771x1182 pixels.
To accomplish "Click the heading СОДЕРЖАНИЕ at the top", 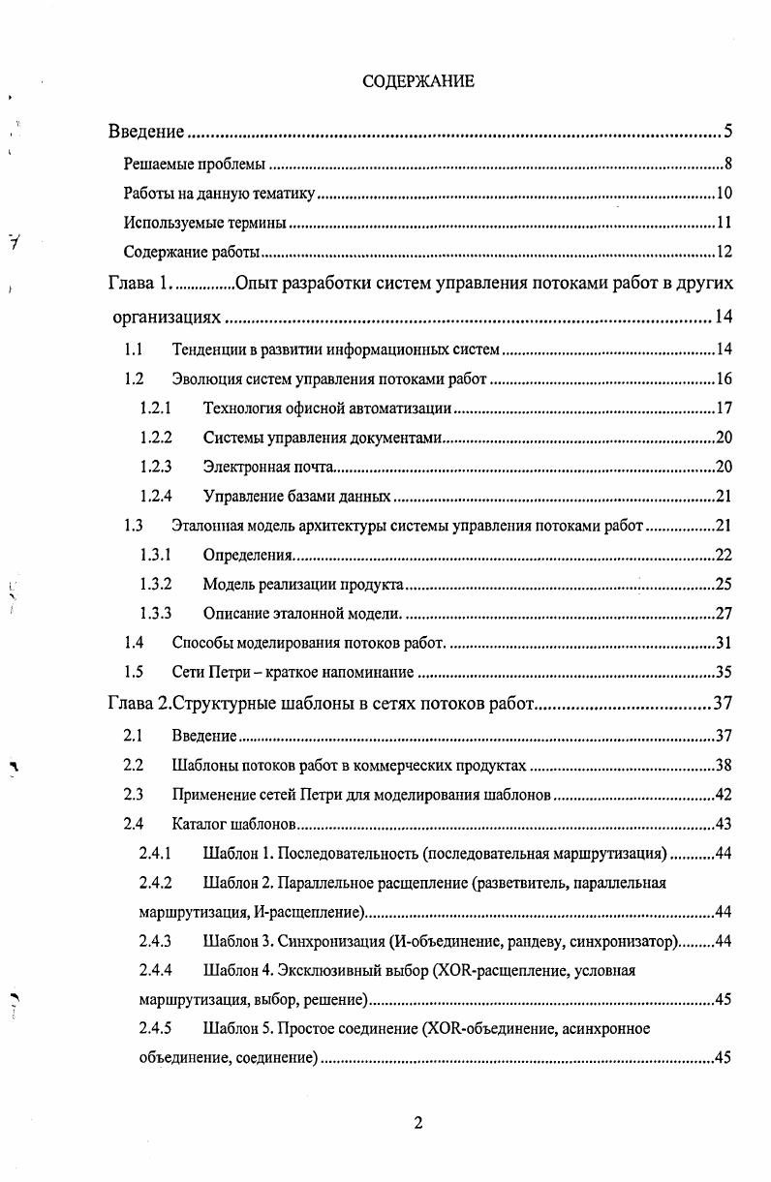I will click(418, 81).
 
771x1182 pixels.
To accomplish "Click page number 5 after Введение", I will click(726, 132).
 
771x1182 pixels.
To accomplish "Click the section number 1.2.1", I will click(156, 408).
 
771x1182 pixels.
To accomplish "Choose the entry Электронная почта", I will click(268, 467).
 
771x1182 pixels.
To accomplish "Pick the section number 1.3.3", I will click(156, 613).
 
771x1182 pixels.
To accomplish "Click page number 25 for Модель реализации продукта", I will click(723, 584).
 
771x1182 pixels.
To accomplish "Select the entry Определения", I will click(247, 555).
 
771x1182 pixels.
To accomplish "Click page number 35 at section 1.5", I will click(723, 672).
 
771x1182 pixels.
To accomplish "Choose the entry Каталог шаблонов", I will click(232, 825).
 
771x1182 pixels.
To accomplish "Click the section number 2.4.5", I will click(156, 1028).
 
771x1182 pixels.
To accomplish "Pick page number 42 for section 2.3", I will click(723, 796).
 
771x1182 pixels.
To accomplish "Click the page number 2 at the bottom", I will click(418, 1123).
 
